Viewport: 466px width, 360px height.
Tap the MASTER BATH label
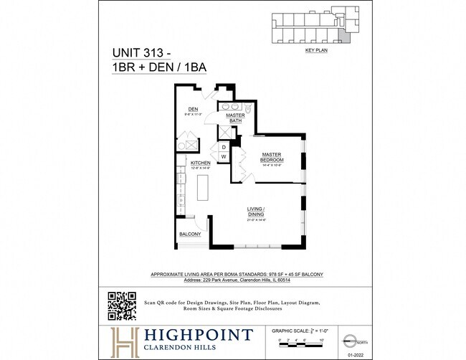[x=236, y=118]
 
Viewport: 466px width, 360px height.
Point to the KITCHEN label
[x=200, y=164]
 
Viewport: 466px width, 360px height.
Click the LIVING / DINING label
[x=257, y=211]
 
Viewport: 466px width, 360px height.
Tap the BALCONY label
[x=190, y=235]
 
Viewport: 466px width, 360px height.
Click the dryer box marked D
[x=223, y=147]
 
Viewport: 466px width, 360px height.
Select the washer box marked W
[x=223, y=156]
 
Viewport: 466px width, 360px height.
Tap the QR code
[x=121, y=306]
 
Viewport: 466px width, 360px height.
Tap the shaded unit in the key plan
[x=346, y=28]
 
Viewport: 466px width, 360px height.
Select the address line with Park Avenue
[x=237, y=280]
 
